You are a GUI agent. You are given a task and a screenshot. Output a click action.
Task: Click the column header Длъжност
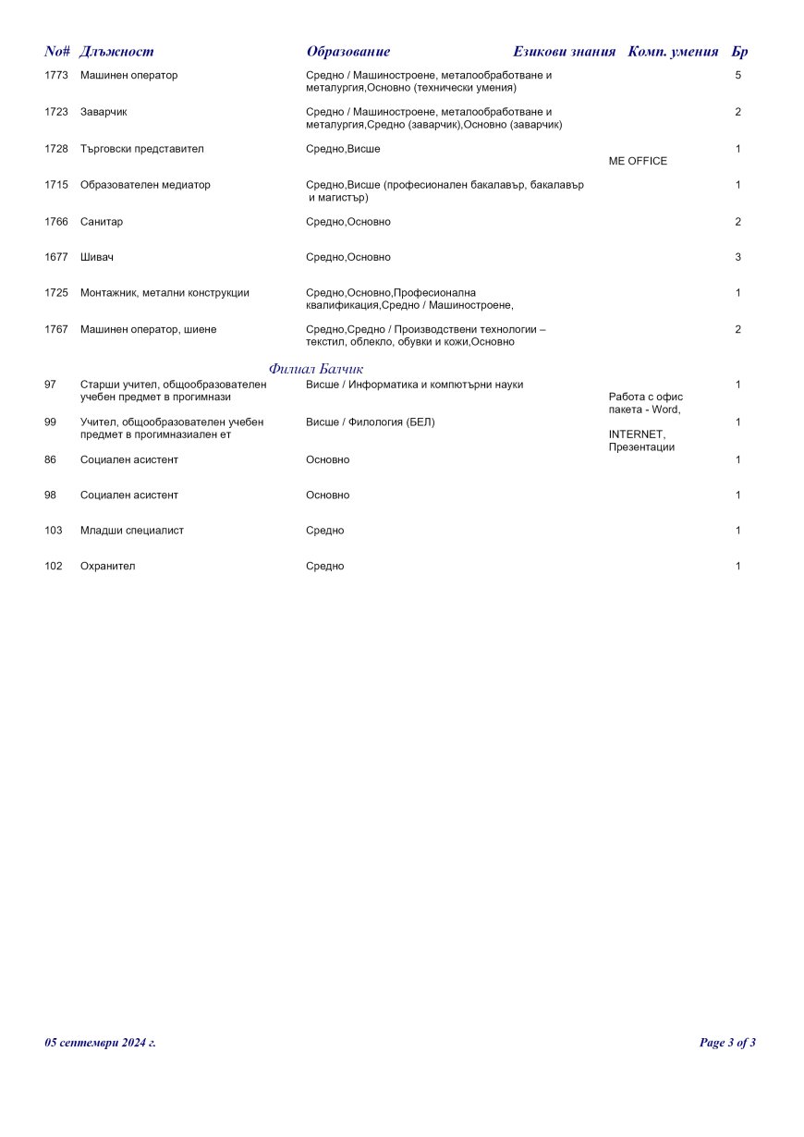[x=117, y=52]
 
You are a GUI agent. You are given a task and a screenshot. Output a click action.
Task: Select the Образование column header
[x=348, y=52]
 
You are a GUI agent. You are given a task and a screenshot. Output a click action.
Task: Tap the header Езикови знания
[x=564, y=52]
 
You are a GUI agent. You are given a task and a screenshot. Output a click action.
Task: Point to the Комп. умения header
[x=673, y=52]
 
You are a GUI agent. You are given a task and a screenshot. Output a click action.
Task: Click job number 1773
[x=56, y=75]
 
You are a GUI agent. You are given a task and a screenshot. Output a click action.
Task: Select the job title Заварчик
[x=104, y=112]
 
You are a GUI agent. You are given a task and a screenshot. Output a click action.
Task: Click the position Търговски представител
[x=142, y=149]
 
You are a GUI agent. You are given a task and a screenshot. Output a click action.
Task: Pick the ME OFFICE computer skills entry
[x=638, y=161]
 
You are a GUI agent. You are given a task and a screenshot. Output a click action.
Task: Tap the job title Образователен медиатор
[x=145, y=185]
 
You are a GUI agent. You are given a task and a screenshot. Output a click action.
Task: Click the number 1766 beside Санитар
[x=56, y=222]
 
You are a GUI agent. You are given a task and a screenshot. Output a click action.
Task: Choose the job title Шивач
[x=97, y=257]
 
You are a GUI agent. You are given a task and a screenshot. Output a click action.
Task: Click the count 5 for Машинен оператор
[x=737, y=75]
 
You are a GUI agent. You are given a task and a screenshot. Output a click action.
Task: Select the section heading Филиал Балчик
[x=316, y=369]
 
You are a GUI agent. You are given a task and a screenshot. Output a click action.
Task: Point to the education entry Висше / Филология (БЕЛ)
[x=370, y=422]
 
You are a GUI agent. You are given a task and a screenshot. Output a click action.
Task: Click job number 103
[x=54, y=531]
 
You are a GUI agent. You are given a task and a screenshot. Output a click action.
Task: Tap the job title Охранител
[x=107, y=566]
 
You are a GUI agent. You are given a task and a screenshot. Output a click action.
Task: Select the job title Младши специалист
[x=132, y=531]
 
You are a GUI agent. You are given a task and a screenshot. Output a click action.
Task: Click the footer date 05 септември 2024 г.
[x=100, y=1043]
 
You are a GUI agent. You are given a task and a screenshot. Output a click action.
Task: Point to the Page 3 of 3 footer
[x=727, y=1043]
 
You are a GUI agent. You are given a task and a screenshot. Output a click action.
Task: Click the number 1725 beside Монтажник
[x=56, y=293]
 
